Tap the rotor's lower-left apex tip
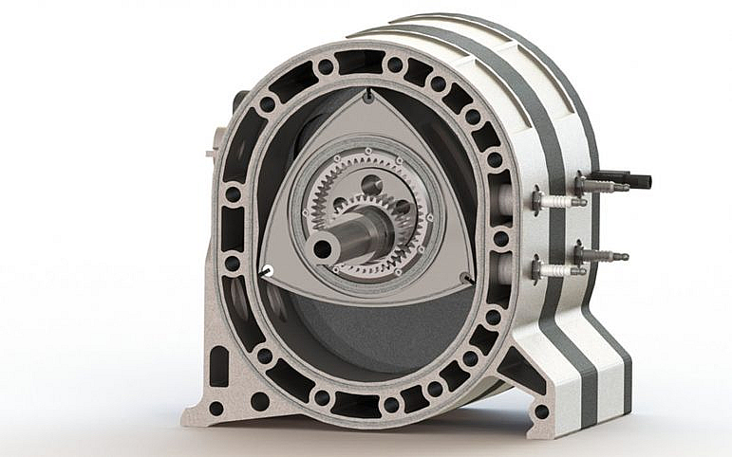coord(267,271)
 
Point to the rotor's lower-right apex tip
coord(466,278)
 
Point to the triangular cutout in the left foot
coord(219,366)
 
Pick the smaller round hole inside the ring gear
coord(402,207)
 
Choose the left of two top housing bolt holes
coord(326,66)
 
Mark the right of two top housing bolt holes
coord(395,65)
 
